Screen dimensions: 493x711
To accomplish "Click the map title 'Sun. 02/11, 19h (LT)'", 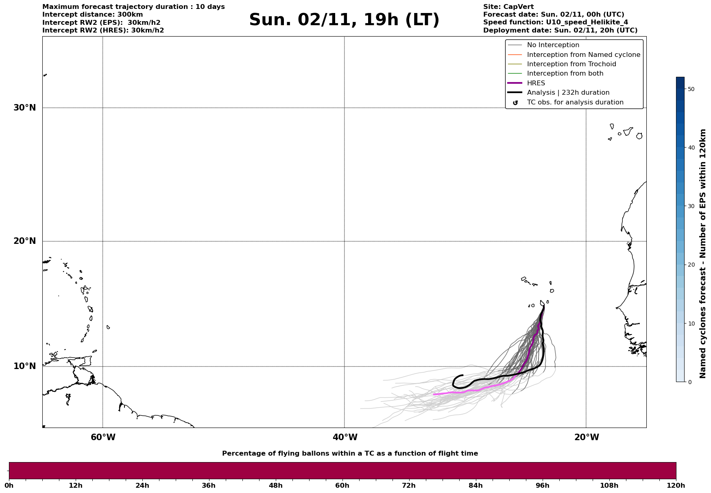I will [344, 20].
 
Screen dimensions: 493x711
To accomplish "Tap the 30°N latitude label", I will [24, 108].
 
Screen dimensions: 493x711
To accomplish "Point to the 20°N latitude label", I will [24, 241].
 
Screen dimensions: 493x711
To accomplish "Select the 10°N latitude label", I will [24, 366].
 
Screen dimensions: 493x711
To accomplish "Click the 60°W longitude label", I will [103, 437].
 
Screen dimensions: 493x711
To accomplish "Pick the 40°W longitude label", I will [345, 437].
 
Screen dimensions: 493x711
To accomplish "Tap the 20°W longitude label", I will [587, 437].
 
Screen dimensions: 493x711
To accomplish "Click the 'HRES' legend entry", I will [536, 83].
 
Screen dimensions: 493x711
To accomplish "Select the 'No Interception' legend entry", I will [553, 45].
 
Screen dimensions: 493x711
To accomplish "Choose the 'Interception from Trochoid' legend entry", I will [571, 64].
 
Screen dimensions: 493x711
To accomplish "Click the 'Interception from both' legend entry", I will [565, 74].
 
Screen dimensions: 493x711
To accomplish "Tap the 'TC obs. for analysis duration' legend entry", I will [575, 102].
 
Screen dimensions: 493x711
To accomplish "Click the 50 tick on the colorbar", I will [691, 89].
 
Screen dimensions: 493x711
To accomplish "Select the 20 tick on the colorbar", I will [691, 265].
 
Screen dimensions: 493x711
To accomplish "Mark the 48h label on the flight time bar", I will [275, 485].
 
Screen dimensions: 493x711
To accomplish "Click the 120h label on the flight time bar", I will [676, 485].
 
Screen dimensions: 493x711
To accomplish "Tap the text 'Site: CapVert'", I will [508, 7].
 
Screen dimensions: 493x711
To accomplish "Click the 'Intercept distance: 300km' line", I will [92, 15].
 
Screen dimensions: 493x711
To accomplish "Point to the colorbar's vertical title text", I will [702, 253].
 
